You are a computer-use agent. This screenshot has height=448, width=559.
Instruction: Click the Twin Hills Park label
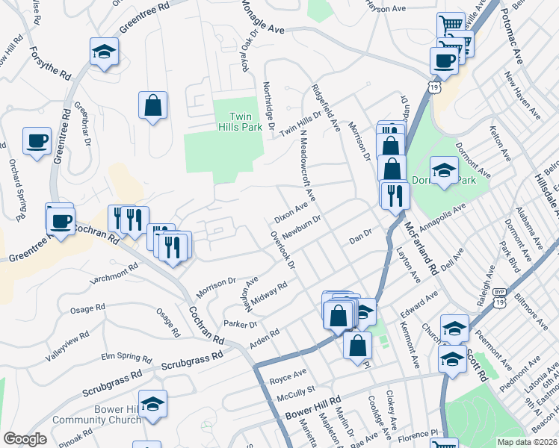[x=240, y=122]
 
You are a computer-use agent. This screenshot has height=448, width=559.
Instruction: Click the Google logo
[x=25, y=440]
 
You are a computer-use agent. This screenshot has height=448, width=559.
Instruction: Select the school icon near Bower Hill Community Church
[x=152, y=403]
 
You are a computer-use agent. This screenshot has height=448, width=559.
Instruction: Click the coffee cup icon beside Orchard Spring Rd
[x=37, y=140]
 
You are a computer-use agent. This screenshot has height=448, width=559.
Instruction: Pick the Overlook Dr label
[x=283, y=249]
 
